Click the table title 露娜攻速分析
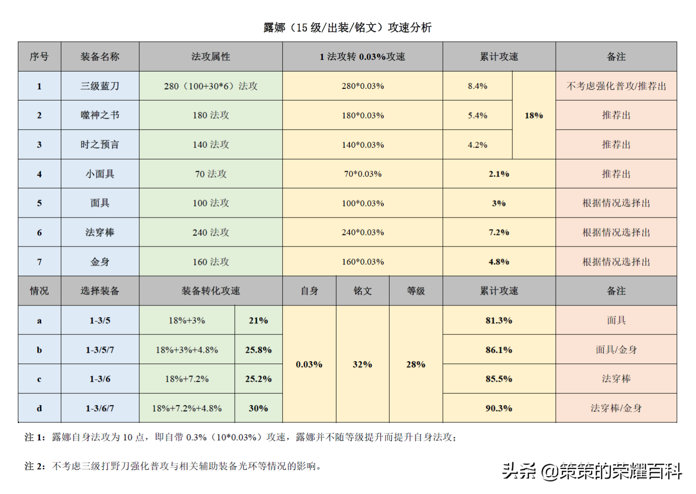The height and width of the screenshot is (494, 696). pyautogui.click(x=347, y=28)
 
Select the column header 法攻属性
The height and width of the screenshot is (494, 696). pyautogui.click(x=211, y=57)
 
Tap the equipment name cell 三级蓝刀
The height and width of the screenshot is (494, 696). pyautogui.click(x=100, y=86)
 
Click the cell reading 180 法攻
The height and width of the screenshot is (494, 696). pyautogui.click(x=211, y=116)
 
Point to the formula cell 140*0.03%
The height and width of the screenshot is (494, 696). pyautogui.click(x=362, y=145)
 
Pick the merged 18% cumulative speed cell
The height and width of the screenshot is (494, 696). pyautogui.click(x=534, y=116)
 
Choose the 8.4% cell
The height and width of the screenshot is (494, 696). pyautogui.click(x=478, y=86)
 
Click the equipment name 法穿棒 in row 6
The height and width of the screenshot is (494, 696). pyautogui.click(x=100, y=232)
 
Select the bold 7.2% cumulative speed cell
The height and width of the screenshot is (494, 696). pyautogui.click(x=499, y=232)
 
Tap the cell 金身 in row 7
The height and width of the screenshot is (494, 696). pyautogui.click(x=100, y=262)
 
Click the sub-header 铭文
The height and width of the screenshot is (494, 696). pyautogui.click(x=362, y=291)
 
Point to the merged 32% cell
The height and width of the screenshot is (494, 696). pyautogui.click(x=362, y=364)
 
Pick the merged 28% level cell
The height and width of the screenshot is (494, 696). pyautogui.click(x=416, y=364)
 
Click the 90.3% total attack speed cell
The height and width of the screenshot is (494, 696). pyautogui.click(x=499, y=408)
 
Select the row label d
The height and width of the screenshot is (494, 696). pyautogui.click(x=39, y=408)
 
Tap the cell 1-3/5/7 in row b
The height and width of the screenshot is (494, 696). pyautogui.click(x=100, y=350)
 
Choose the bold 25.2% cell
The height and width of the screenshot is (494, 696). pyautogui.click(x=258, y=379)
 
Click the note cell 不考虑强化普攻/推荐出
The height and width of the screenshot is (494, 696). pyautogui.click(x=616, y=86)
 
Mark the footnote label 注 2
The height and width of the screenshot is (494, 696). pyautogui.click(x=35, y=466)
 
